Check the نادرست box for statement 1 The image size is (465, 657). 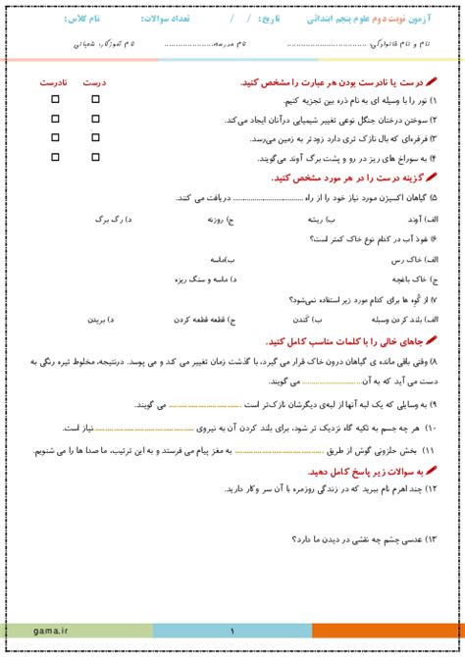tap(55, 99)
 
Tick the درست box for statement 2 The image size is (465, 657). tap(95, 118)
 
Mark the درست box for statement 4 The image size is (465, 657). tap(95, 156)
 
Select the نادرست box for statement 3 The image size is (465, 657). tap(55, 137)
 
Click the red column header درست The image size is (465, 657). tap(95, 82)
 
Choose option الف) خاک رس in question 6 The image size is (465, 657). tap(418, 260)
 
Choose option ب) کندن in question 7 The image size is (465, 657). tap(304, 319)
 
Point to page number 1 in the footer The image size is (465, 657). tap(232, 632)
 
